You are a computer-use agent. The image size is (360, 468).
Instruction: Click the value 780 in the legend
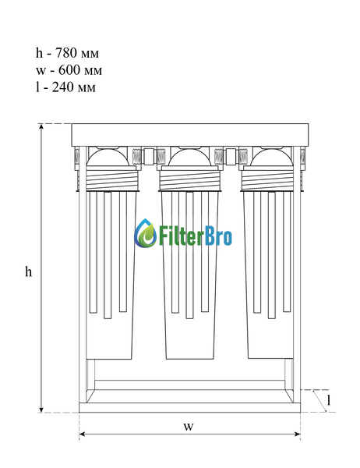(x=67, y=53)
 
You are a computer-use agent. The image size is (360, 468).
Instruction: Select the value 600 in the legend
(x=69, y=70)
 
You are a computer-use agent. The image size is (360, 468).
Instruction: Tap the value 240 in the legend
(x=63, y=87)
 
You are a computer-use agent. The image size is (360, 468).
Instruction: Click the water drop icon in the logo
(x=146, y=233)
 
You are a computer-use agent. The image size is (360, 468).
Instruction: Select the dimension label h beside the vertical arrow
(x=28, y=271)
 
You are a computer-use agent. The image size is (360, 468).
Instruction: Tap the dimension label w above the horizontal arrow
(x=189, y=427)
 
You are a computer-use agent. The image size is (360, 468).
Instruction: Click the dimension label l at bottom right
(x=329, y=400)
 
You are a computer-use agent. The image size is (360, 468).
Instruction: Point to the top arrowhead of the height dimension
(x=41, y=127)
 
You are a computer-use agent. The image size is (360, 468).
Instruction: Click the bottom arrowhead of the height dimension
(x=41, y=409)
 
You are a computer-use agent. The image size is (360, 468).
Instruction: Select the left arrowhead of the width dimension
(x=83, y=434)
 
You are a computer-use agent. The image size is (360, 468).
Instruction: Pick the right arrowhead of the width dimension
(x=297, y=434)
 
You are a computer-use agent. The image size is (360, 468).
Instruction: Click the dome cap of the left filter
(x=108, y=158)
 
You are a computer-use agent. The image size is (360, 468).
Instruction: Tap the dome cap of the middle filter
(x=189, y=158)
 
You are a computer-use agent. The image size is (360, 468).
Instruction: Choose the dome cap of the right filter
(x=271, y=158)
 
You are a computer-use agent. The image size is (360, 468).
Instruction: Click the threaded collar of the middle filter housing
(x=189, y=180)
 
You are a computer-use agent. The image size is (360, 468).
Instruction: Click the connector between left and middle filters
(x=149, y=156)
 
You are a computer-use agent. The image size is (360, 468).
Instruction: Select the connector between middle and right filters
(x=231, y=156)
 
